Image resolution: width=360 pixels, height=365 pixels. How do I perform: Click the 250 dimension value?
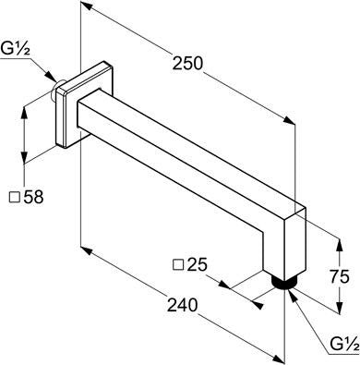[187, 63]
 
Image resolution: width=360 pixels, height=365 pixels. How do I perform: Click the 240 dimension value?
[182, 305]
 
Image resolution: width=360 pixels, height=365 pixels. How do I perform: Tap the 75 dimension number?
[340, 276]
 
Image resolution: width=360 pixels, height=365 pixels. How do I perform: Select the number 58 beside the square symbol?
[33, 197]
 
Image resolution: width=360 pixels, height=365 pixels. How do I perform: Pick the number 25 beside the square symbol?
[198, 264]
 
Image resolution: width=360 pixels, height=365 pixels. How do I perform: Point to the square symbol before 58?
[15, 197]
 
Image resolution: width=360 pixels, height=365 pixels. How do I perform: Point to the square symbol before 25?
[178, 264]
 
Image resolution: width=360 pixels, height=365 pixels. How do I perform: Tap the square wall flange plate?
[86, 104]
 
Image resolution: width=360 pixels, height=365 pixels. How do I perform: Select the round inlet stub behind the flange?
[55, 91]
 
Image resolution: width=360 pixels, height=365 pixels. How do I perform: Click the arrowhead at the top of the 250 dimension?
[88, 6]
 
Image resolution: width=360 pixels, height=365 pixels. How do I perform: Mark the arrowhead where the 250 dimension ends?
[289, 120]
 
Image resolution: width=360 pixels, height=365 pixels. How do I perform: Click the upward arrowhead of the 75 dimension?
[339, 245]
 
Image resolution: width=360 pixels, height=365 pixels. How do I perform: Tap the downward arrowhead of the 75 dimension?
[339, 308]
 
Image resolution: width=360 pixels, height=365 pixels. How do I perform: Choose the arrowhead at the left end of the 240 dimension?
[86, 249]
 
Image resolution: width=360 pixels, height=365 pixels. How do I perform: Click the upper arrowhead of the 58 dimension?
[24, 113]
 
